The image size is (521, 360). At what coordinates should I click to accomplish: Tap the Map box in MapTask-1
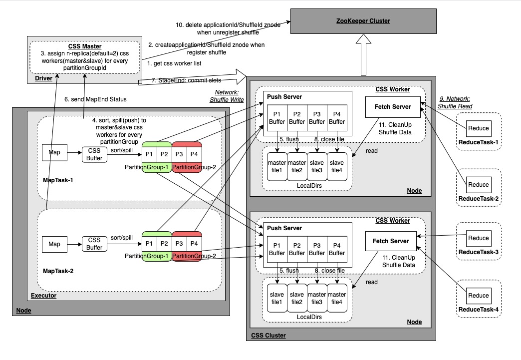coord(54,152)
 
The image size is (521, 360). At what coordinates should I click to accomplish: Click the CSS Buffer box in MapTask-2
coord(95,244)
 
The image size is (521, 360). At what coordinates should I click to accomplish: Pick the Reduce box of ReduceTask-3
coord(479,238)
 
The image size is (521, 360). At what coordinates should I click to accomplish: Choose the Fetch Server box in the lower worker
coord(391,241)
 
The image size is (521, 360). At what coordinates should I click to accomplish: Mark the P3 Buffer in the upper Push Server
coord(317,117)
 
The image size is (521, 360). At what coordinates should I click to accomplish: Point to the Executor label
coord(44,296)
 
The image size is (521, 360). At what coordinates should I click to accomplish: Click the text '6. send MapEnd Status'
coord(96,99)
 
